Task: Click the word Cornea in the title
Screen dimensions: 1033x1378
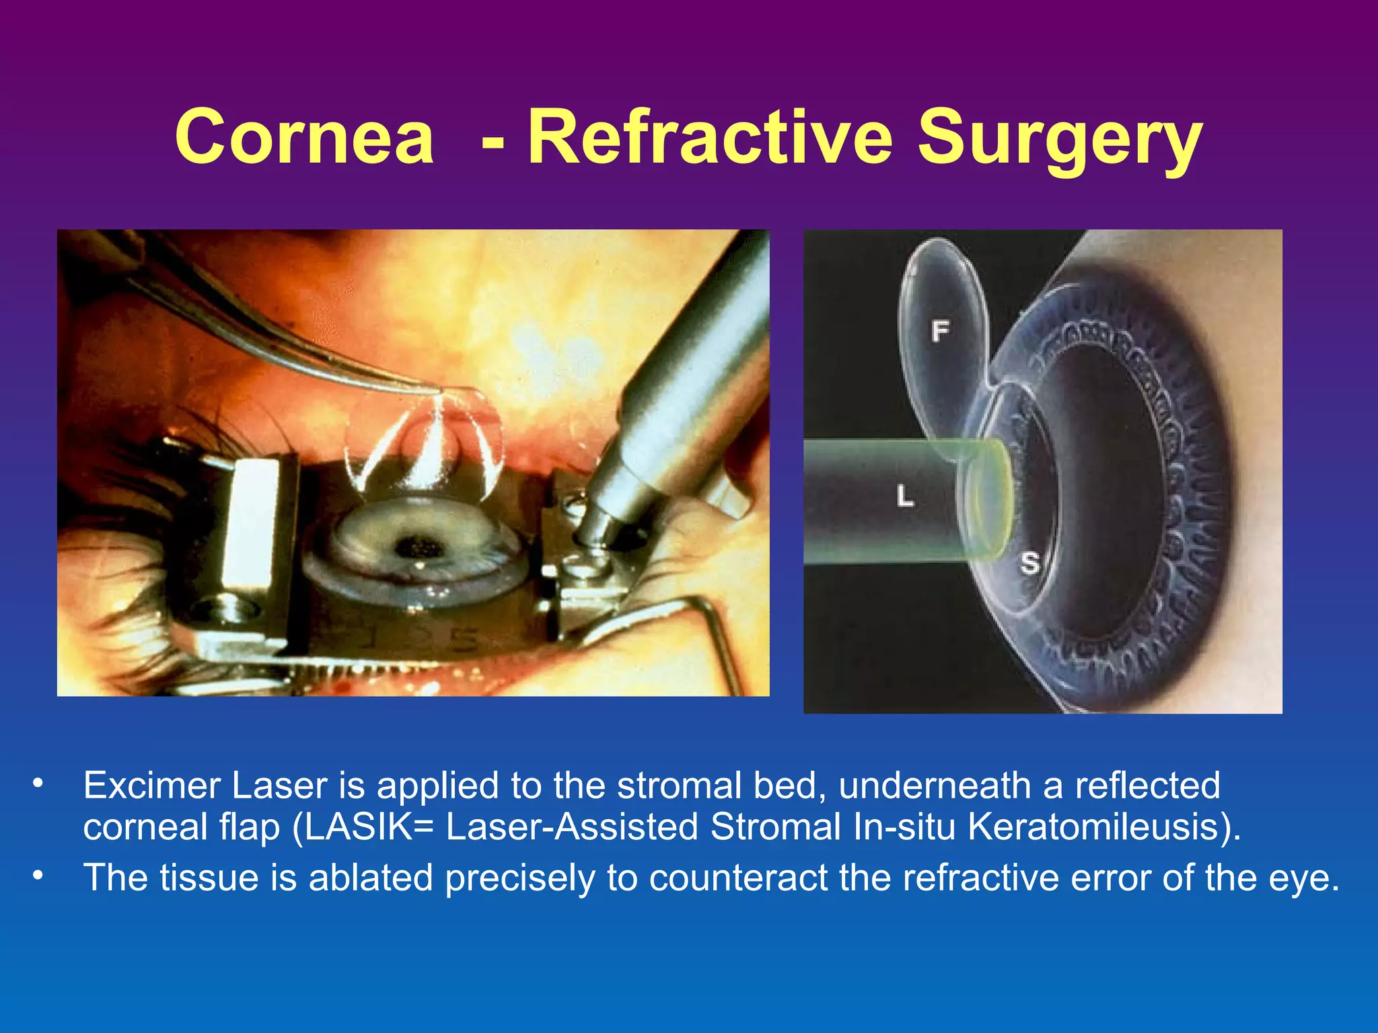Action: (x=304, y=137)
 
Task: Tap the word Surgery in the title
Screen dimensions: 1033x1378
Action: (x=1060, y=141)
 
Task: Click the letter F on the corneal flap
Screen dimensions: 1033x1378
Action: (x=940, y=330)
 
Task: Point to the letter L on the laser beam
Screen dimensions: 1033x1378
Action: (x=905, y=497)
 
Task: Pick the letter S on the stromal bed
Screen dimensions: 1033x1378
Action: (x=1029, y=562)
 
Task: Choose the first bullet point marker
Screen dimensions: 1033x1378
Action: (x=38, y=783)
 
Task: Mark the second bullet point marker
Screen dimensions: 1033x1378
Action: (x=38, y=876)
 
